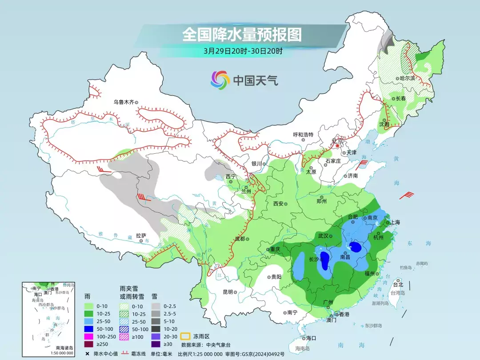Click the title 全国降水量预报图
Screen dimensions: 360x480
coord(242,34)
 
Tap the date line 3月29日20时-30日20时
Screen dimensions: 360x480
coord(243,51)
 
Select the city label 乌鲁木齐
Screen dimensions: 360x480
coord(124,102)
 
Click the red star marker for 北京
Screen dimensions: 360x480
coord(338,145)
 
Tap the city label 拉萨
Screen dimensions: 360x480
coord(141,236)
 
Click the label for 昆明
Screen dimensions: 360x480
coord(228,292)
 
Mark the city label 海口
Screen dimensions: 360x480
coord(311,338)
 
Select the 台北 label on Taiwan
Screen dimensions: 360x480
coord(398,284)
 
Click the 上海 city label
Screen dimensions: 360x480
coord(395,222)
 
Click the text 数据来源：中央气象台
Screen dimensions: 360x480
coord(206,344)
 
